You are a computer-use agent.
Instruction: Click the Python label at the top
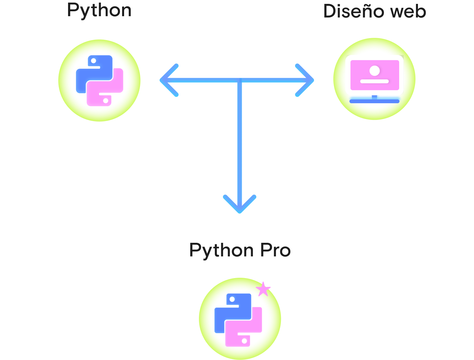tap(99, 10)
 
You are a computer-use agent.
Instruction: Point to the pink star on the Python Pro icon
tap(263, 289)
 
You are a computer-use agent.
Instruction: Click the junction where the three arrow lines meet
tap(240, 80)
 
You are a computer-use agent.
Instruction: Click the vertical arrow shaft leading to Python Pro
tap(240, 139)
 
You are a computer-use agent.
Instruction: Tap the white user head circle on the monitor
tap(375, 71)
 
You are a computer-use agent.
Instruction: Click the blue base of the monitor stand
tap(375, 101)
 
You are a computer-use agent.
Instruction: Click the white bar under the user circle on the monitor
tap(375, 81)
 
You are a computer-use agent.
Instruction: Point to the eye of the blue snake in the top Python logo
tap(93, 61)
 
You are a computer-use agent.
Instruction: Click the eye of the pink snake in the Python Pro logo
tap(244, 341)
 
